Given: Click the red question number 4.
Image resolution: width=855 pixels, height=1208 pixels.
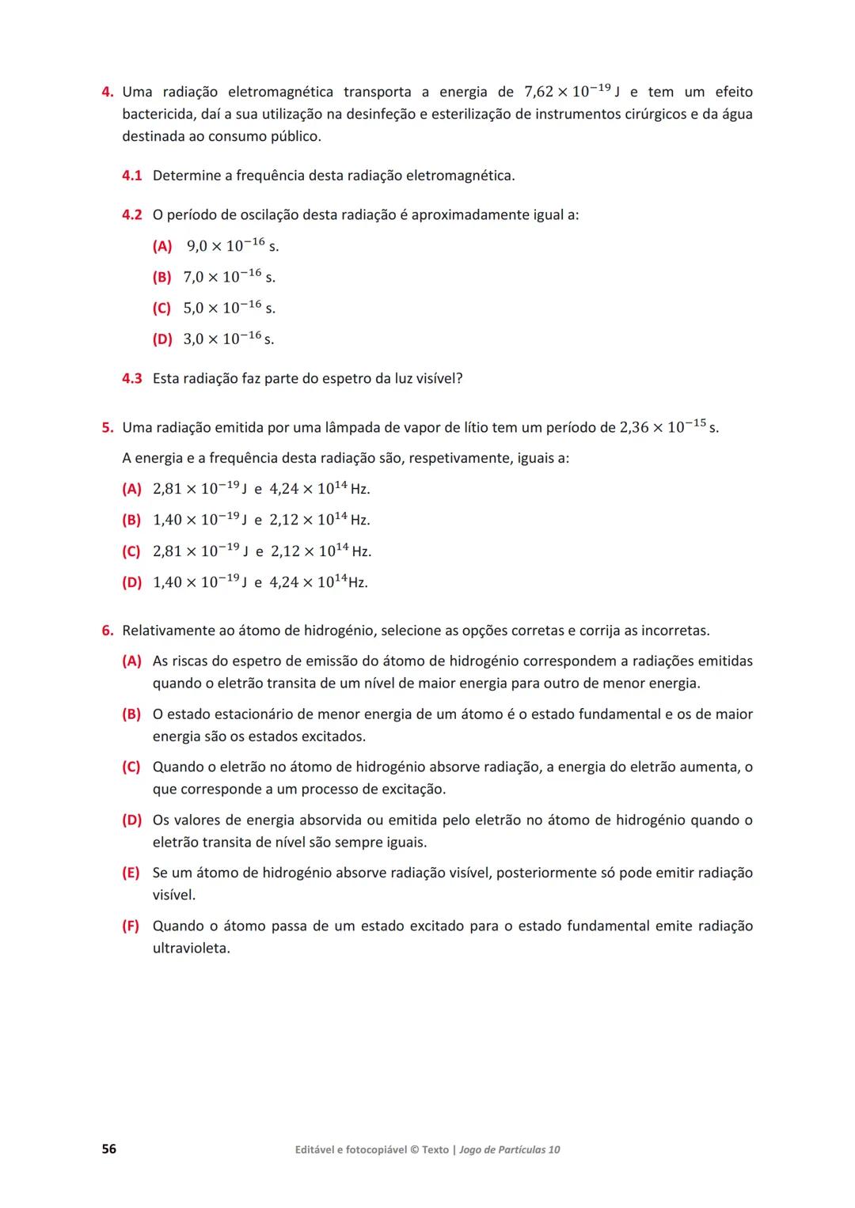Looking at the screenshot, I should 107,93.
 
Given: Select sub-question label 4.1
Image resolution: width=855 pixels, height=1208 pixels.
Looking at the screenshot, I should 131,176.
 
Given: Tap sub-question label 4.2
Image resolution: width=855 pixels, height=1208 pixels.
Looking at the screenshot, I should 131,215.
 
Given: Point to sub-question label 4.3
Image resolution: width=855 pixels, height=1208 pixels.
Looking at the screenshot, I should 131,379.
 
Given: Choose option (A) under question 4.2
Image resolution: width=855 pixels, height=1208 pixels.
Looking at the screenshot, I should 161,247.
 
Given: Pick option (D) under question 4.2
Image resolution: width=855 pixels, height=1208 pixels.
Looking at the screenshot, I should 161,339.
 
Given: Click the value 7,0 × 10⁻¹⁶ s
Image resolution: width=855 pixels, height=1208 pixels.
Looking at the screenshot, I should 229,277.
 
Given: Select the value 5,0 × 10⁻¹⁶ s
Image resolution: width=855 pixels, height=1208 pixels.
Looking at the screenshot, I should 229,308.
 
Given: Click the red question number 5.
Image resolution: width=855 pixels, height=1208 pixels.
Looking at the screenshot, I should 107,428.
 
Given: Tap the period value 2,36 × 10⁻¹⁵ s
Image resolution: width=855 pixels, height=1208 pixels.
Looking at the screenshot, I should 669,427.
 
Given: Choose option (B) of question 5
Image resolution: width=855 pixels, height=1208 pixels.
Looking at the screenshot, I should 131,521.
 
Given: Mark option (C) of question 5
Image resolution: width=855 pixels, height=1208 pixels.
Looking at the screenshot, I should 131,551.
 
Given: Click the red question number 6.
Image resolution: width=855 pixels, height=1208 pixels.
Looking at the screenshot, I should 107,631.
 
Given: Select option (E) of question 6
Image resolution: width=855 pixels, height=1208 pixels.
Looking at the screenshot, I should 131,873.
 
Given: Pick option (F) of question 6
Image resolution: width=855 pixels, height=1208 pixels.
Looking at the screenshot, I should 131,926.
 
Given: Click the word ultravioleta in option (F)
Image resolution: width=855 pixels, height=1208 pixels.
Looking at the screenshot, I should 191,949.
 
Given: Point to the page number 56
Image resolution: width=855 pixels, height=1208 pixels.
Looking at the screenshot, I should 108,1149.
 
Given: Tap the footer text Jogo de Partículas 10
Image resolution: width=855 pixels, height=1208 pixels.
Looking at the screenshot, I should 509,1150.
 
